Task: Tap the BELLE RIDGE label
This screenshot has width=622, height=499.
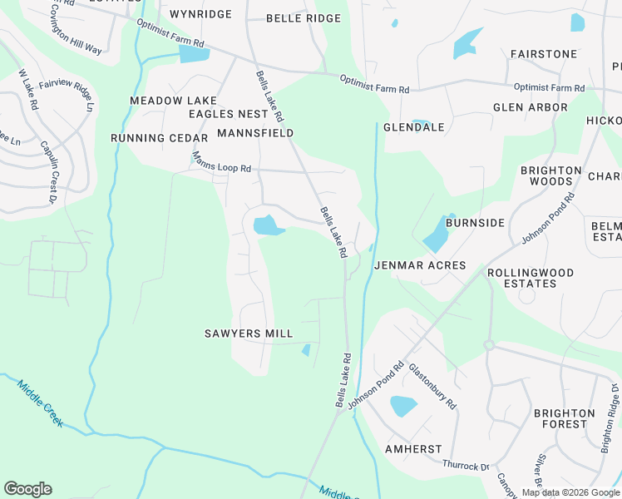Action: (x=304, y=18)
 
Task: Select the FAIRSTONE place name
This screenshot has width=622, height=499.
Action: (x=543, y=54)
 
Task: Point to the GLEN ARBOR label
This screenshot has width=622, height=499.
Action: (x=530, y=107)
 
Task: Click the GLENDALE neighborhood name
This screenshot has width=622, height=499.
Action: (x=414, y=127)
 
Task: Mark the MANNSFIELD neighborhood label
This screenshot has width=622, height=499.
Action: (x=255, y=133)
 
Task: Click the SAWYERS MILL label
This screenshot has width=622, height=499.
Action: (x=249, y=333)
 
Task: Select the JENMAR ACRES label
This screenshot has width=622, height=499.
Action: (x=420, y=266)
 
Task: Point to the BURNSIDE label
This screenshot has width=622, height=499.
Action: (x=475, y=223)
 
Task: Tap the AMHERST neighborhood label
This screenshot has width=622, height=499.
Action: (x=413, y=449)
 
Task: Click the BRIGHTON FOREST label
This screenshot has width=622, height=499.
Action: (x=565, y=418)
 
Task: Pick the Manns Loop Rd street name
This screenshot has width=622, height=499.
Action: (x=221, y=162)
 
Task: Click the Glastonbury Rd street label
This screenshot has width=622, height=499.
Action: (x=433, y=386)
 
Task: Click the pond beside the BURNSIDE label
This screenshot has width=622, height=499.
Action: (x=436, y=235)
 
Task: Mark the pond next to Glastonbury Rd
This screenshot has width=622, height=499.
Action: (x=402, y=406)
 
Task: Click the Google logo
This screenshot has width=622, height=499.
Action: (x=27, y=489)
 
